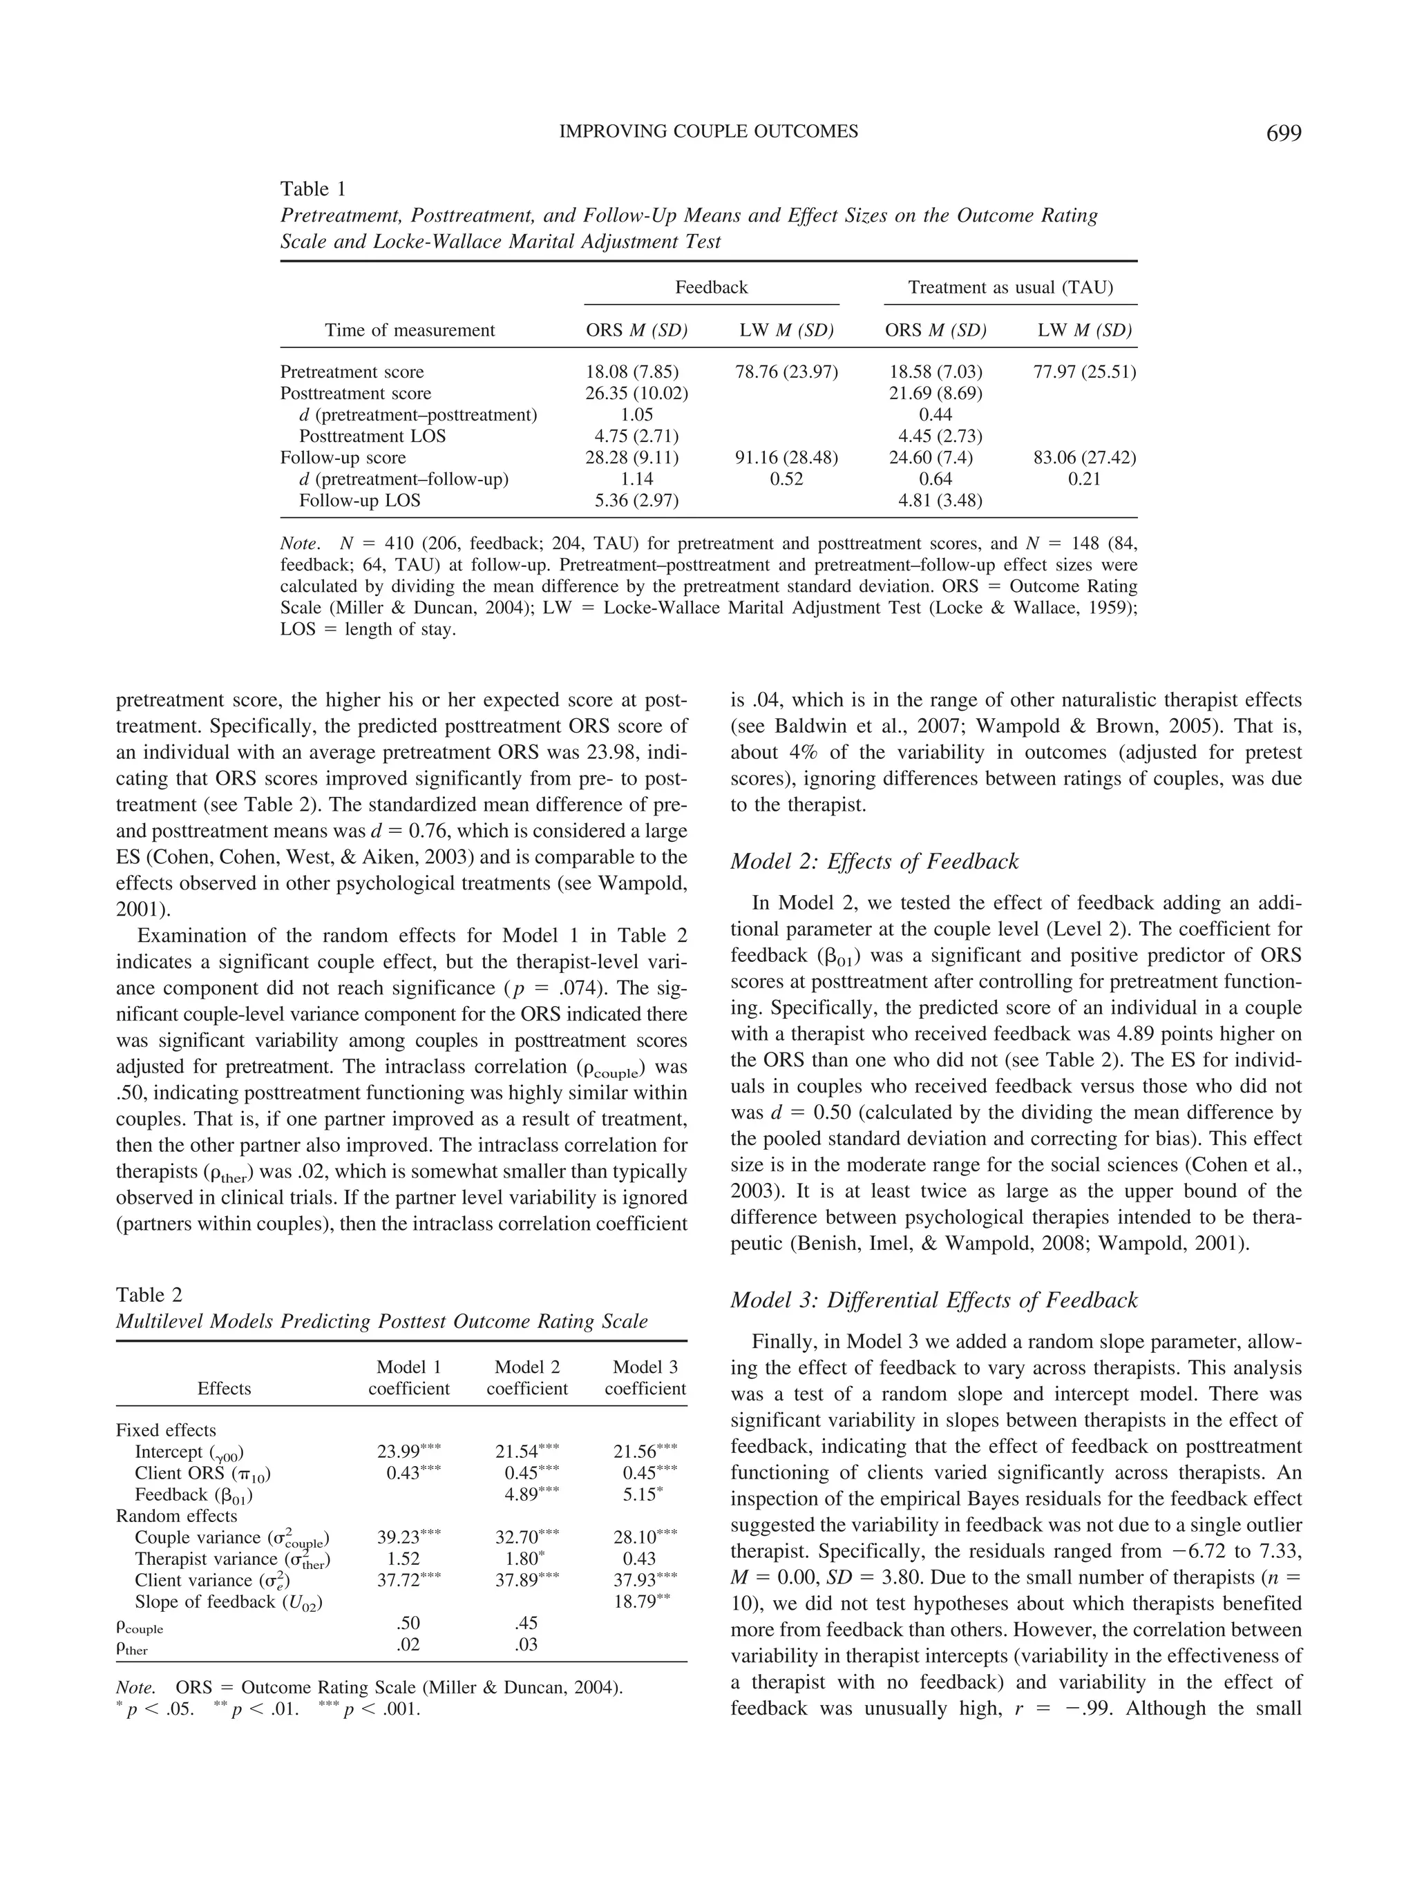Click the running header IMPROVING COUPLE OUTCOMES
coord(708,131)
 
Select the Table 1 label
coord(313,189)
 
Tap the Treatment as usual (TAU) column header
coord(1010,287)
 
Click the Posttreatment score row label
coord(356,393)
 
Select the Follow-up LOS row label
coord(359,501)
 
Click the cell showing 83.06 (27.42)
coord(1084,458)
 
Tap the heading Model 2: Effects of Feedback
coord(874,861)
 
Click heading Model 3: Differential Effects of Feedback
coord(934,1300)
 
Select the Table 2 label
coord(149,1295)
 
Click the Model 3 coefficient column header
coord(645,1378)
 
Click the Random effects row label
coord(177,1516)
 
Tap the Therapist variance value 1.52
coord(408,1559)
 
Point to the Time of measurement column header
coord(410,330)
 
